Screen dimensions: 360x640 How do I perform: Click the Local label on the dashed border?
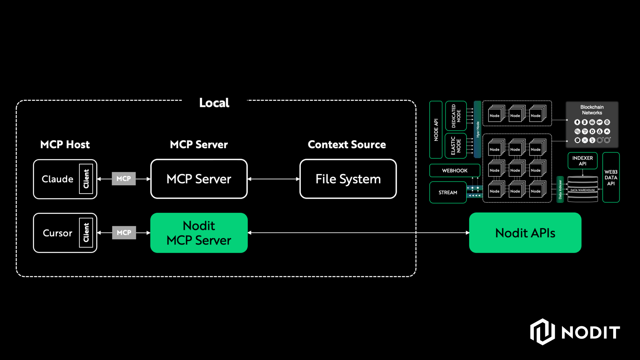pyautogui.click(x=214, y=103)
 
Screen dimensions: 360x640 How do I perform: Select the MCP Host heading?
pyautogui.click(x=65, y=144)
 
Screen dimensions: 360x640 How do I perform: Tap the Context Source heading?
pyautogui.click(x=347, y=144)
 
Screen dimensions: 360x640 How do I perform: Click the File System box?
pyautogui.click(x=348, y=179)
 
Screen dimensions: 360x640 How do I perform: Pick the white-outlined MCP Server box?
pyautogui.click(x=199, y=179)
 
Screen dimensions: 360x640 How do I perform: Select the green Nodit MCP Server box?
pyautogui.click(x=199, y=233)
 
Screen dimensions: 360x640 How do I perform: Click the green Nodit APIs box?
pyautogui.click(x=525, y=233)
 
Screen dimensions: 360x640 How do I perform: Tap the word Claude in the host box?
pyautogui.click(x=57, y=179)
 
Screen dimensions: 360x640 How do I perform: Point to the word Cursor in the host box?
pyautogui.click(x=57, y=233)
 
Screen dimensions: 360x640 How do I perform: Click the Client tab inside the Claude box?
pyautogui.click(x=86, y=179)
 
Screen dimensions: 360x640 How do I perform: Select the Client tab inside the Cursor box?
pyautogui.click(x=86, y=233)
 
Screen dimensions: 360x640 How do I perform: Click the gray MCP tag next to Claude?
pyautogui.click(x=124, y=179)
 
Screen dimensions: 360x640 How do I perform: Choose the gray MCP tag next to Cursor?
pyautogui.click(x=124, y=233)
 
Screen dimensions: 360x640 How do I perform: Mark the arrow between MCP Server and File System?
pyautogui.click(x=274, y=179)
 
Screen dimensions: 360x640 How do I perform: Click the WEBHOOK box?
pyautogui.click(x=454, y=171)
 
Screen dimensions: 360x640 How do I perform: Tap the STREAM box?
pyautogui.click(x=448, y=192)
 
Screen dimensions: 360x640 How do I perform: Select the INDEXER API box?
pyautogui.click(x=582, y=161)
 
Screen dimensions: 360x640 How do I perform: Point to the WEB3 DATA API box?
pyautogui.click(x=611, y=178)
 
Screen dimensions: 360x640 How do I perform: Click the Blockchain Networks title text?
pyautogui.click(x=592, y=110)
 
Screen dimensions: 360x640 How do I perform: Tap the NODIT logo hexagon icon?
pyautogui.click(x=542, y=332)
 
